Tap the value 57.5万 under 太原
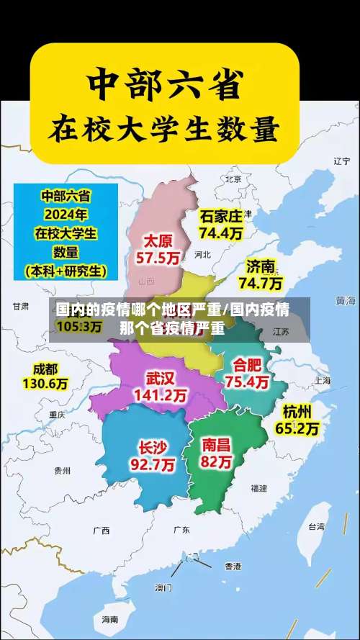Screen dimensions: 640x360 coord(158,258)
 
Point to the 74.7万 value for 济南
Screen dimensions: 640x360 coord(261,283)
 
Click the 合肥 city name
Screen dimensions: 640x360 coord(247,364)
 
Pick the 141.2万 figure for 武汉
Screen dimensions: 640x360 coord(161,395)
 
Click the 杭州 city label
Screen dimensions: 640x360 coord(297,412)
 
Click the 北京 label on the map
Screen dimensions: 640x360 coord(233,179)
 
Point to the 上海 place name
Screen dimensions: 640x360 coord(322,380)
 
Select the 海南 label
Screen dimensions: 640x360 coord(109,619)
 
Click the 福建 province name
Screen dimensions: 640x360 coord(258,488)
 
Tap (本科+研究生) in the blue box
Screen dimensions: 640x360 coord(66,271)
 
